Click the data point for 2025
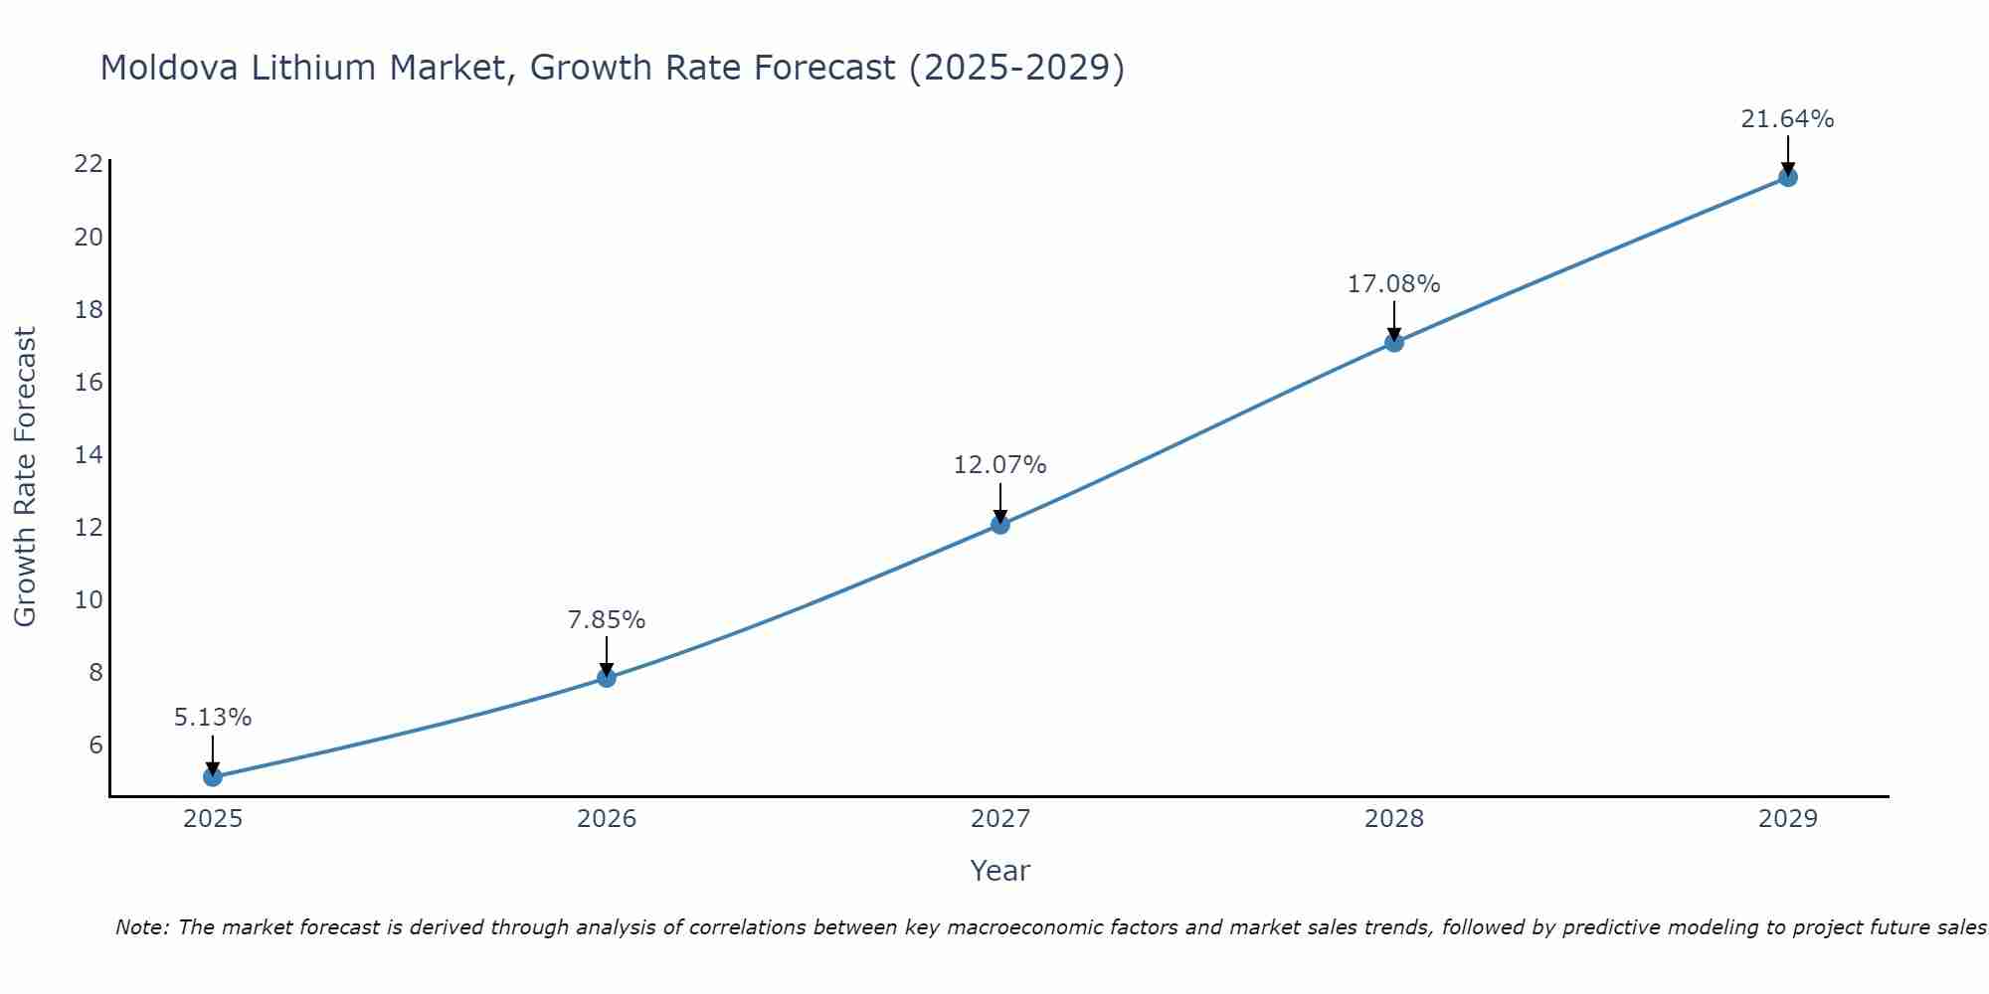pyautogui.click(x=213, y=776)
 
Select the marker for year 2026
pyautogui.click(x=607, y=678)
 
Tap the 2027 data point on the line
pyautogui.click(x=1000, y=524)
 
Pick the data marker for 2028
pyautogui.click(x=1394, y=342)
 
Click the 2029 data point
pyautogui.click(x=1787, y=177)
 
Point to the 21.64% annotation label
pyautogui.click(x=1787, y=119)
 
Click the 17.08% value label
pyautogui.click(x=1393, y=284)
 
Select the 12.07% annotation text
pyautogui.click(x=999, y=465)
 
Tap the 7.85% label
pyautogui.click(x=607, y=620)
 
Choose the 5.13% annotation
pyautogui.click(x=213, y=718)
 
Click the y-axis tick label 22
pyautogui.click(x=89, y=164)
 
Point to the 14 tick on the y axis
pyautogui.click(x=89, y=454)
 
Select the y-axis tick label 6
pyautogui.click(x=95, y=745)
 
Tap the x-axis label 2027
pyautogui.click(x=1000, y=819)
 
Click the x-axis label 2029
pyautogui.click(x=1787, y=819)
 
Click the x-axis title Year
pyautogui.click(x=999, y=871)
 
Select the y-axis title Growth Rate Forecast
pyautogui.click(x=26, y=476)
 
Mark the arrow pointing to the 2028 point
pyautogui.click(x=1394, y=320)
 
